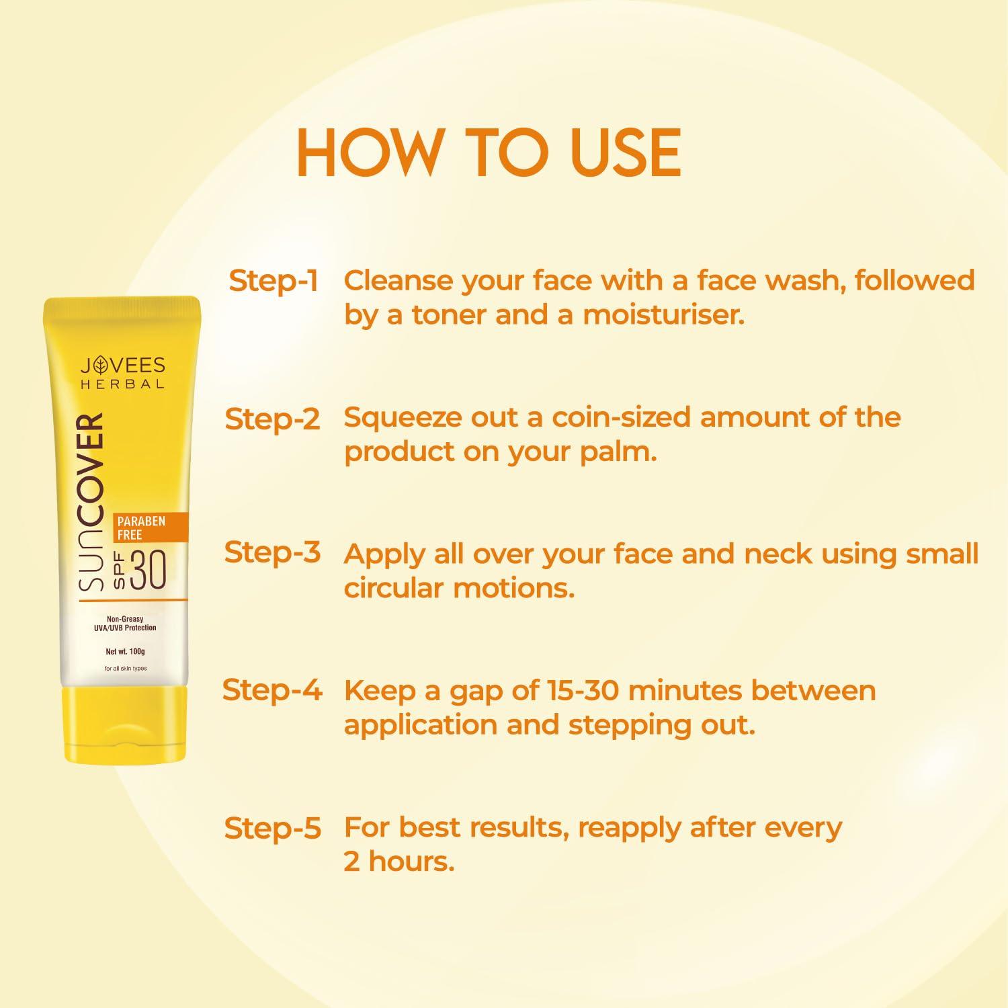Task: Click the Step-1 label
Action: tap(273, 281)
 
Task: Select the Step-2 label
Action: tap(272, 419)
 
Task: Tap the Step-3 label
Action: tap(272, 552)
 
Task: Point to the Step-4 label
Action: tap(272, 690)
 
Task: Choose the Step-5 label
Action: tap(272, 829)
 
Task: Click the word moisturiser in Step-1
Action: tap(663, 314)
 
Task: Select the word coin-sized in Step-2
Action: tap(621, 418)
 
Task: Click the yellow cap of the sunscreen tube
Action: tap(125, 724)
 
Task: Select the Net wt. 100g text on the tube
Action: tap(125, 651)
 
